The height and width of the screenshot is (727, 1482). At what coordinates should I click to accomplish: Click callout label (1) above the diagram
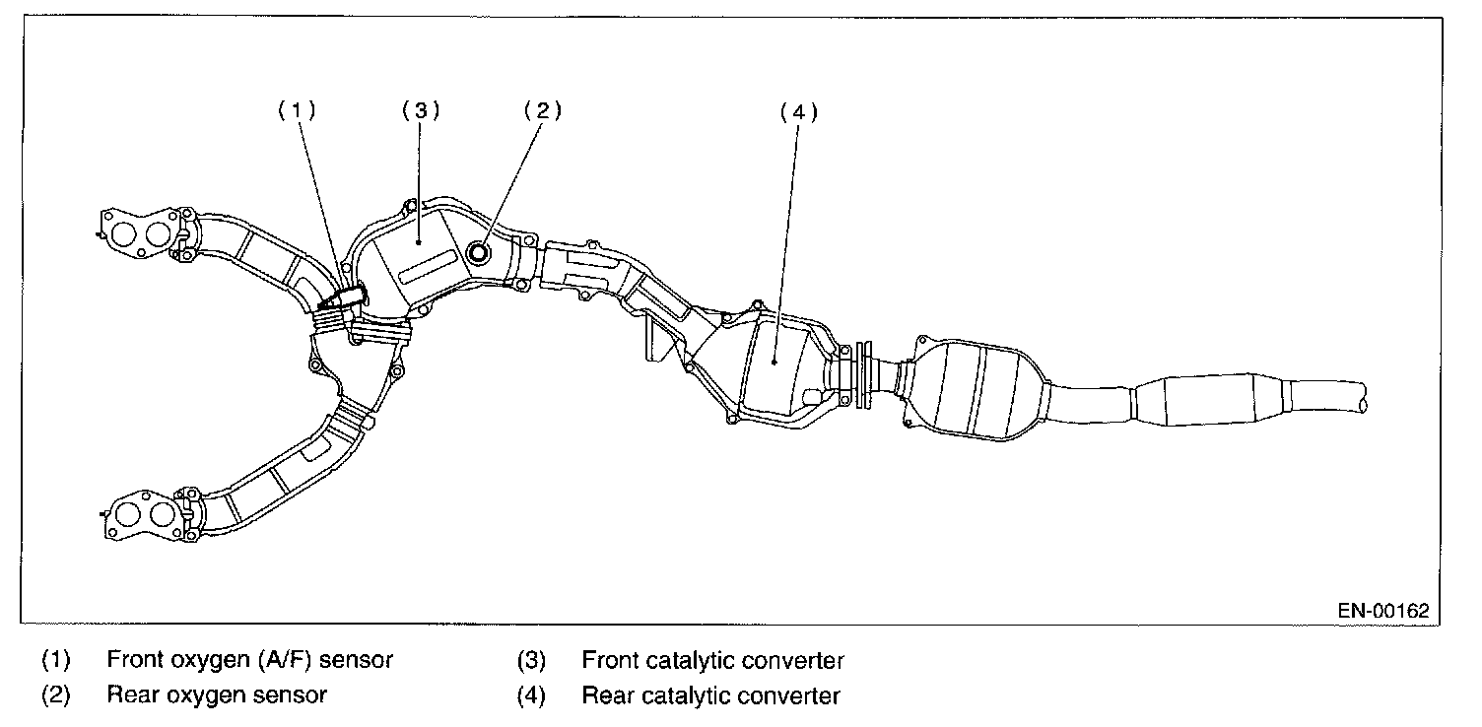296,111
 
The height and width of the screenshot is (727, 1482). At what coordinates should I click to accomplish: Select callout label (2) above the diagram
541,110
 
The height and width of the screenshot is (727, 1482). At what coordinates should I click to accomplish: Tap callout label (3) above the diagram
420,110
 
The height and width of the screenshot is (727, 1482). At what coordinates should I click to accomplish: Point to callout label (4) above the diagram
798,112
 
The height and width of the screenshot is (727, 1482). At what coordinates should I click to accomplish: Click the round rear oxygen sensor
481,253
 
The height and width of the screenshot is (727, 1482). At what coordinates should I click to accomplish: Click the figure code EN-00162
1382,611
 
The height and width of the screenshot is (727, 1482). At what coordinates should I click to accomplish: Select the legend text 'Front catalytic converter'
712,660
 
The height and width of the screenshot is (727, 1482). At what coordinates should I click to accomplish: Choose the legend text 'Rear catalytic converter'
710,696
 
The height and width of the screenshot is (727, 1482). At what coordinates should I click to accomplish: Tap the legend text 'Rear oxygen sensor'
217,695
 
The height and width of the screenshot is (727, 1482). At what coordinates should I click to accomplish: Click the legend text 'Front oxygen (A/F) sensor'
249,660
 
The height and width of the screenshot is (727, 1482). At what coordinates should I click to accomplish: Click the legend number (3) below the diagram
531,660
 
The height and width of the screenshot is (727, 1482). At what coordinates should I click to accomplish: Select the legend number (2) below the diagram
56,695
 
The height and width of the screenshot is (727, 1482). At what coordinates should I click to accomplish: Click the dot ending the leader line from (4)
775,363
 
